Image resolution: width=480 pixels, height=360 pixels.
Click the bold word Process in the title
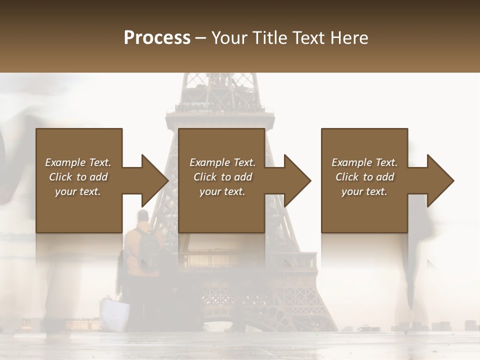click(157, 37)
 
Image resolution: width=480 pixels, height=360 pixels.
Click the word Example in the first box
click(65, 162)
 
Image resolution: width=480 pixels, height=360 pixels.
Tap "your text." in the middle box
click(222, 191)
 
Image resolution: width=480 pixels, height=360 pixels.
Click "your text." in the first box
click(77, 191)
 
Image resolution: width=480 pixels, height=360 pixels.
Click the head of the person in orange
click(143, 216)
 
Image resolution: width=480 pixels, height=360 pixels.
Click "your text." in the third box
click(364, 191)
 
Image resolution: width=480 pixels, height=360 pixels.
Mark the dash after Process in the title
click(201, 37)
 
